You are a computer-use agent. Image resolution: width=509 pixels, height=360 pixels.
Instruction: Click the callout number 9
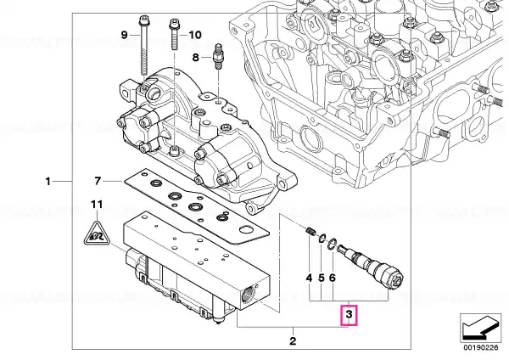125,35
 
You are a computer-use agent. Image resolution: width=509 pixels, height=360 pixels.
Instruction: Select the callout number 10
195,35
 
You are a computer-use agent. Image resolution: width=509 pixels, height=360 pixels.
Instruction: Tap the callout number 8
195,58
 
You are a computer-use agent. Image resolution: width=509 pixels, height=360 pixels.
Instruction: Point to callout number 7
98,181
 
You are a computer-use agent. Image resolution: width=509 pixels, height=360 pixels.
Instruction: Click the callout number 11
97,205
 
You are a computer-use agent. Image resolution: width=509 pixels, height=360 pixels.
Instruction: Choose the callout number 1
48,181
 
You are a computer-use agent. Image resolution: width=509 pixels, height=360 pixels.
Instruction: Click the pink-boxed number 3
349,315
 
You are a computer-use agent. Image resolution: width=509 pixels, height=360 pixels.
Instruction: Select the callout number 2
293,341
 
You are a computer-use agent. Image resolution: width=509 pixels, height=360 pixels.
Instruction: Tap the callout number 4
309,278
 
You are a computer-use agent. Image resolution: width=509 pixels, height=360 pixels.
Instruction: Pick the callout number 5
321,278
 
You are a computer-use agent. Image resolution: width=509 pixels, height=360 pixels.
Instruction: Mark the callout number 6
332,278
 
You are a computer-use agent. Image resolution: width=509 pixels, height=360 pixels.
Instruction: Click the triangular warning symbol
97,233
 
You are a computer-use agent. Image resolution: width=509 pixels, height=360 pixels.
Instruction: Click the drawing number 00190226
481,347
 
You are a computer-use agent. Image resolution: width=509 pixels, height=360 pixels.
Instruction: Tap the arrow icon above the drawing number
480,328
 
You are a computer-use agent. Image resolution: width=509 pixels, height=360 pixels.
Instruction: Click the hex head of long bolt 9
143,20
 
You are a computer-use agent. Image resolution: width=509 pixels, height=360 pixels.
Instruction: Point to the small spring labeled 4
310,232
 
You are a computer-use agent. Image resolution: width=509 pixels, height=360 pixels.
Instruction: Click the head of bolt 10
173,25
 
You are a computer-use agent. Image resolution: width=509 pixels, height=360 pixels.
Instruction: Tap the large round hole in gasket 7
246,230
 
